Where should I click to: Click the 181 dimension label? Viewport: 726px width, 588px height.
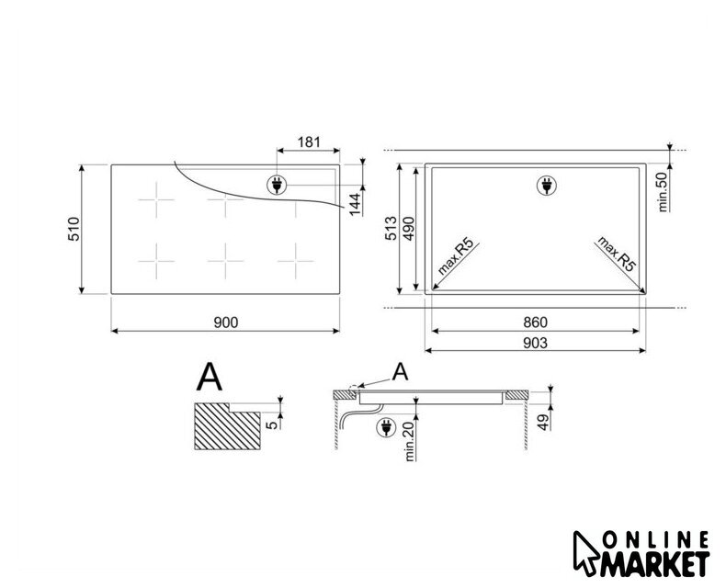click(309, 141)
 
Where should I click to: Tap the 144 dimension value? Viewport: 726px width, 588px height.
click(355, 204)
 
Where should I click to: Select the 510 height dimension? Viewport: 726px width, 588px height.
click(74, 229)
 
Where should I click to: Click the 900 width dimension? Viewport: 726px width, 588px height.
click(226, 322)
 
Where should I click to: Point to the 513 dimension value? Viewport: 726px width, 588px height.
click(391, 228)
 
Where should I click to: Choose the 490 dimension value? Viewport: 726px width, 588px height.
click(409, 228)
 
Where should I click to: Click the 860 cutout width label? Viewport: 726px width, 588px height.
click(535, 322)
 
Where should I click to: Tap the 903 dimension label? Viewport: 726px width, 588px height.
click(535, 343)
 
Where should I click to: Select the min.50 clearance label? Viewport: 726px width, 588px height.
click(663, 192)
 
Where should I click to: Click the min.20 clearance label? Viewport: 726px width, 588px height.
click(409, 442)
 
